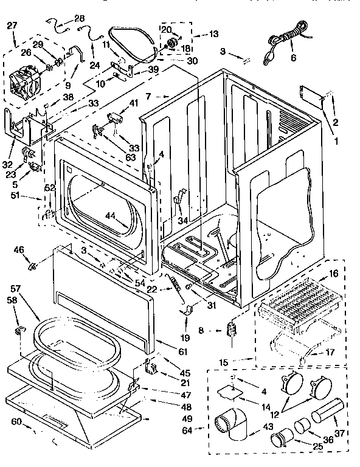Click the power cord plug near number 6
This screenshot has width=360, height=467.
pyautogui.click(x=266, y=60)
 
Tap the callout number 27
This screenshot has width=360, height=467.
pyautogui.click(x=12, y=26)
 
